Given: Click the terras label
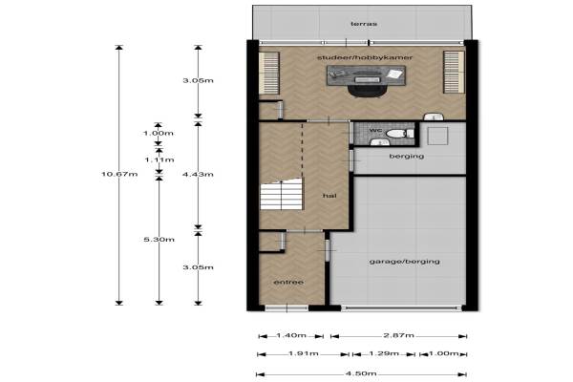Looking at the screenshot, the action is [x=364, y=24].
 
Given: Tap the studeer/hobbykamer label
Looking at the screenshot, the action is [x=365, y=57].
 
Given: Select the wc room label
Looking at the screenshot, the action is [x=375, y=130].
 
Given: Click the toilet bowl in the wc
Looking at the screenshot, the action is [x=395, y=134].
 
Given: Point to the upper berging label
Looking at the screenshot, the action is [x=407, y=157].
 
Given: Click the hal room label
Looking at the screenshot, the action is [x=329, y=196].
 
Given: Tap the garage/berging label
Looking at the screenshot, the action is [x=405, y=262].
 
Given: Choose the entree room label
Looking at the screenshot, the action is [x=288, y=283].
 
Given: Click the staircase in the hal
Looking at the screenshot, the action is [x=282, y=194].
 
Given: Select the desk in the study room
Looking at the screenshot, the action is [x=366, y=75].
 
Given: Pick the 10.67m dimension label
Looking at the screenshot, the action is [x=119, y=174].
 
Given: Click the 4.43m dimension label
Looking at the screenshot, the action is [x=198, y=175].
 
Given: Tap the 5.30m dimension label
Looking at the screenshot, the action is [x=159, y=240].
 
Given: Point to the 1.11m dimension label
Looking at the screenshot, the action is [x=159, y=159].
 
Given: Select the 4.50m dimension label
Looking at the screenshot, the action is [x=361, y=373].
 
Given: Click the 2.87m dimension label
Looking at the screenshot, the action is [x=398, y=335].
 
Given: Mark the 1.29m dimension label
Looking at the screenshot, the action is [x=384, y=353].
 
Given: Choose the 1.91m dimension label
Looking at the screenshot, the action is [x=304, y=353].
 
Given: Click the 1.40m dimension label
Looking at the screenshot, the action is [x=291, y=335].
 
